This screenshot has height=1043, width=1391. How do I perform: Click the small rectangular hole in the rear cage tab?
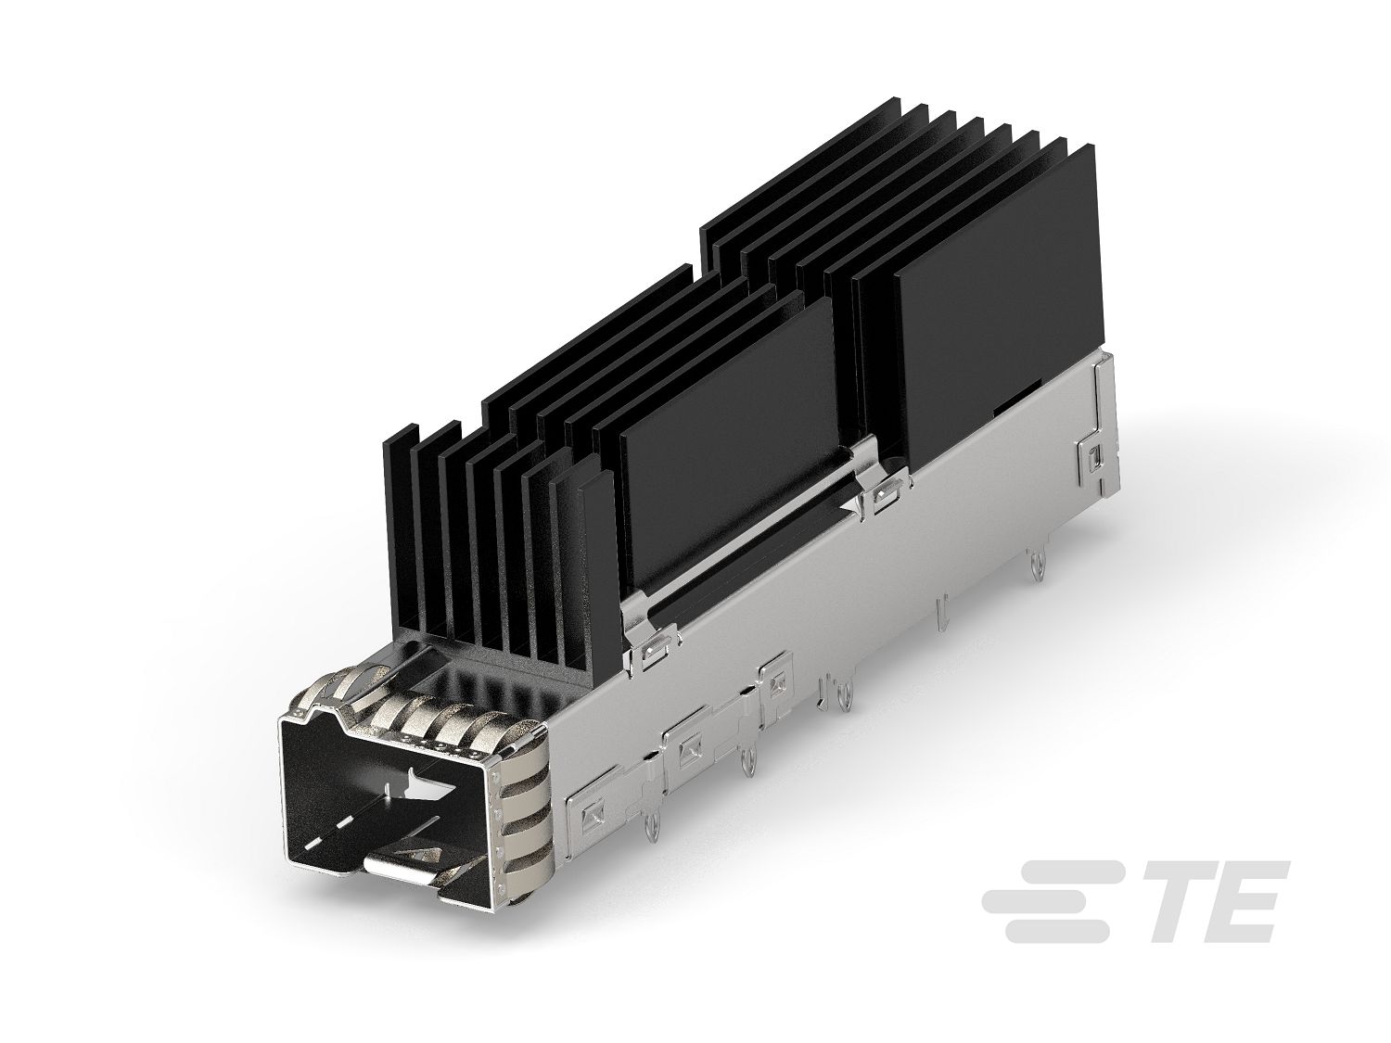tap(1095, 456)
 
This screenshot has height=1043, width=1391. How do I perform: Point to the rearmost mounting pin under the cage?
tap(1033, 568)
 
